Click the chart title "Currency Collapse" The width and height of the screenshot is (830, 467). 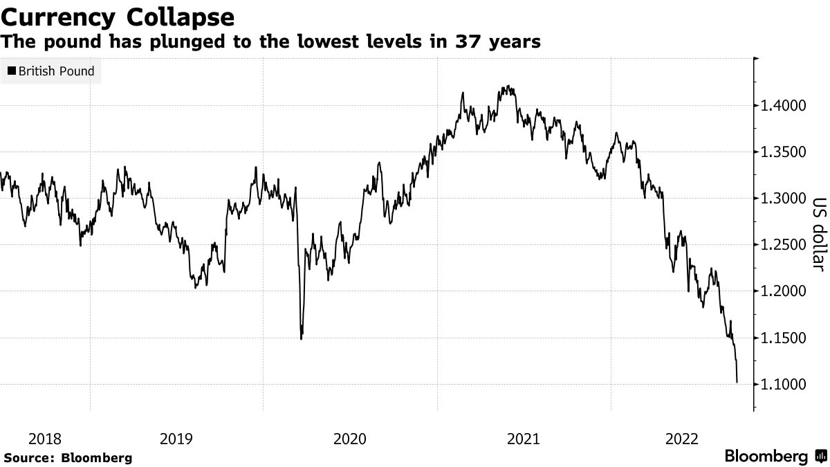tap(118, 16)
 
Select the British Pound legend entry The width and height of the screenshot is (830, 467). tap(52, 71)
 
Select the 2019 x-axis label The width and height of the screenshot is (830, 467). tap(176, 438)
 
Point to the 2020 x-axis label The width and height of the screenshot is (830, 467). tap(350, 438)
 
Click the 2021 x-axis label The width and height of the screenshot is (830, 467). tap(524, 438)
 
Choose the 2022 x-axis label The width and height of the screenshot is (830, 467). tap(681, 438)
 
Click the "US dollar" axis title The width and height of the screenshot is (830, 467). tap(818, 235)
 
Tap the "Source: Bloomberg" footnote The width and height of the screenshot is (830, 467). tap(67, 457)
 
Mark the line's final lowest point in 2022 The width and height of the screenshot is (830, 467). tap(737, 382)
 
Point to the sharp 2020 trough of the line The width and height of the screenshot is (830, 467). tap(302, 338)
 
